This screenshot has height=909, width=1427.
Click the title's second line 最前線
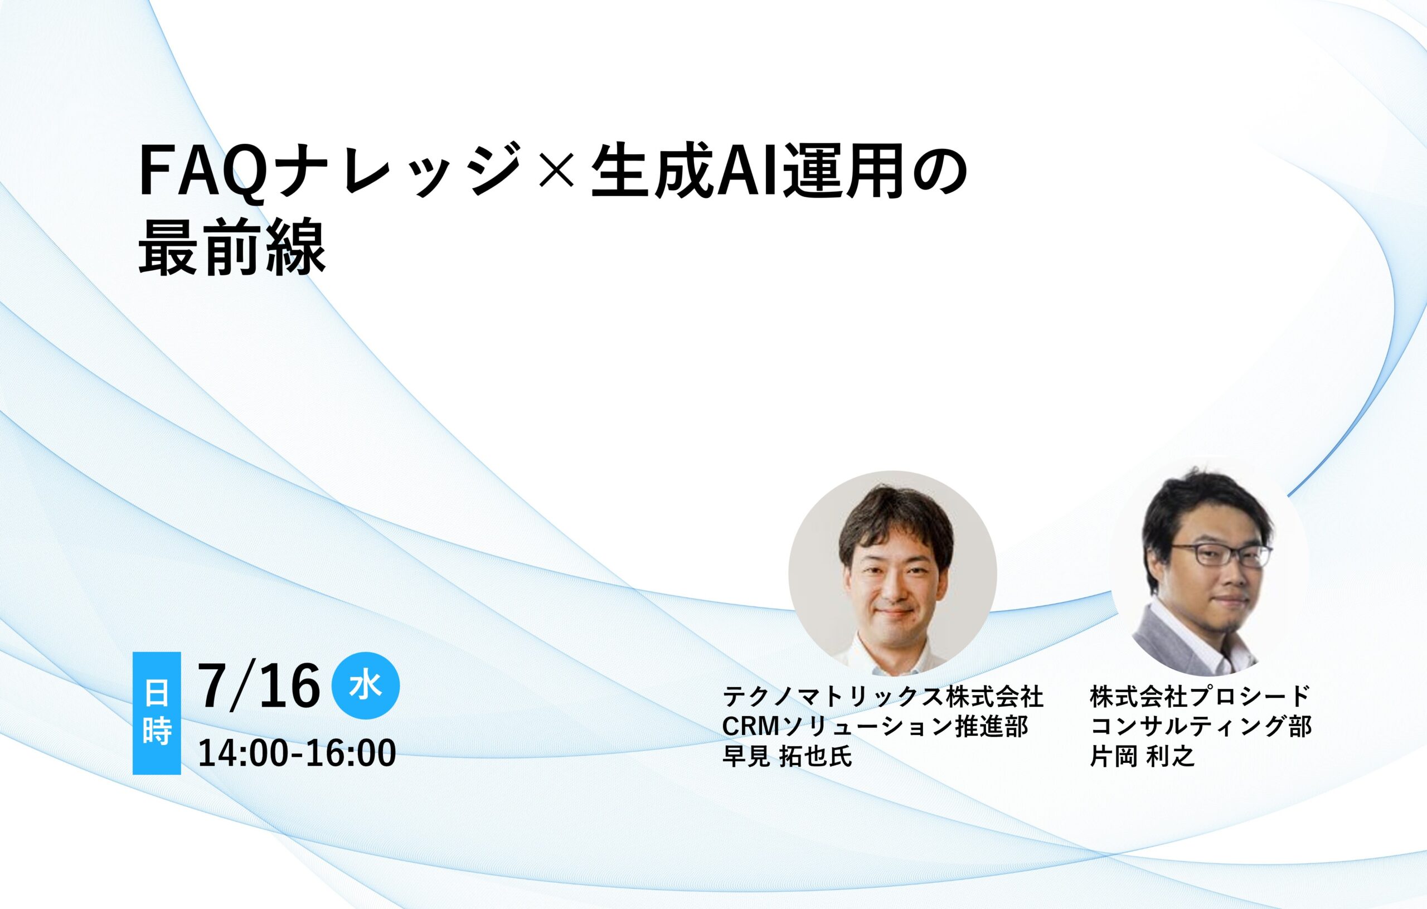click(232, 249)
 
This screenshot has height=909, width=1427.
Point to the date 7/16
click(259, 686)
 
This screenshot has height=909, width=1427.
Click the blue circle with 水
click(366, 686)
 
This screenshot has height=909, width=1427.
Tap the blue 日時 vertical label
click(157, 713)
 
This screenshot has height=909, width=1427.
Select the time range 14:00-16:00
click(297, 753)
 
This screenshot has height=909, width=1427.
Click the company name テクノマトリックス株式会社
click(883, 697)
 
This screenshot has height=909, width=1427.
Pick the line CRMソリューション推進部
click(875, 727)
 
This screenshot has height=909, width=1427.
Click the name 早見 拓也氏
click(788, 756)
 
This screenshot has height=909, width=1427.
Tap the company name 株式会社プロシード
click(1200, 697)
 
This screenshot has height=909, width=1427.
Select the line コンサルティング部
click(1201, 727)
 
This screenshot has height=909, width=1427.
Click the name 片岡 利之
click(1143, 756)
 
